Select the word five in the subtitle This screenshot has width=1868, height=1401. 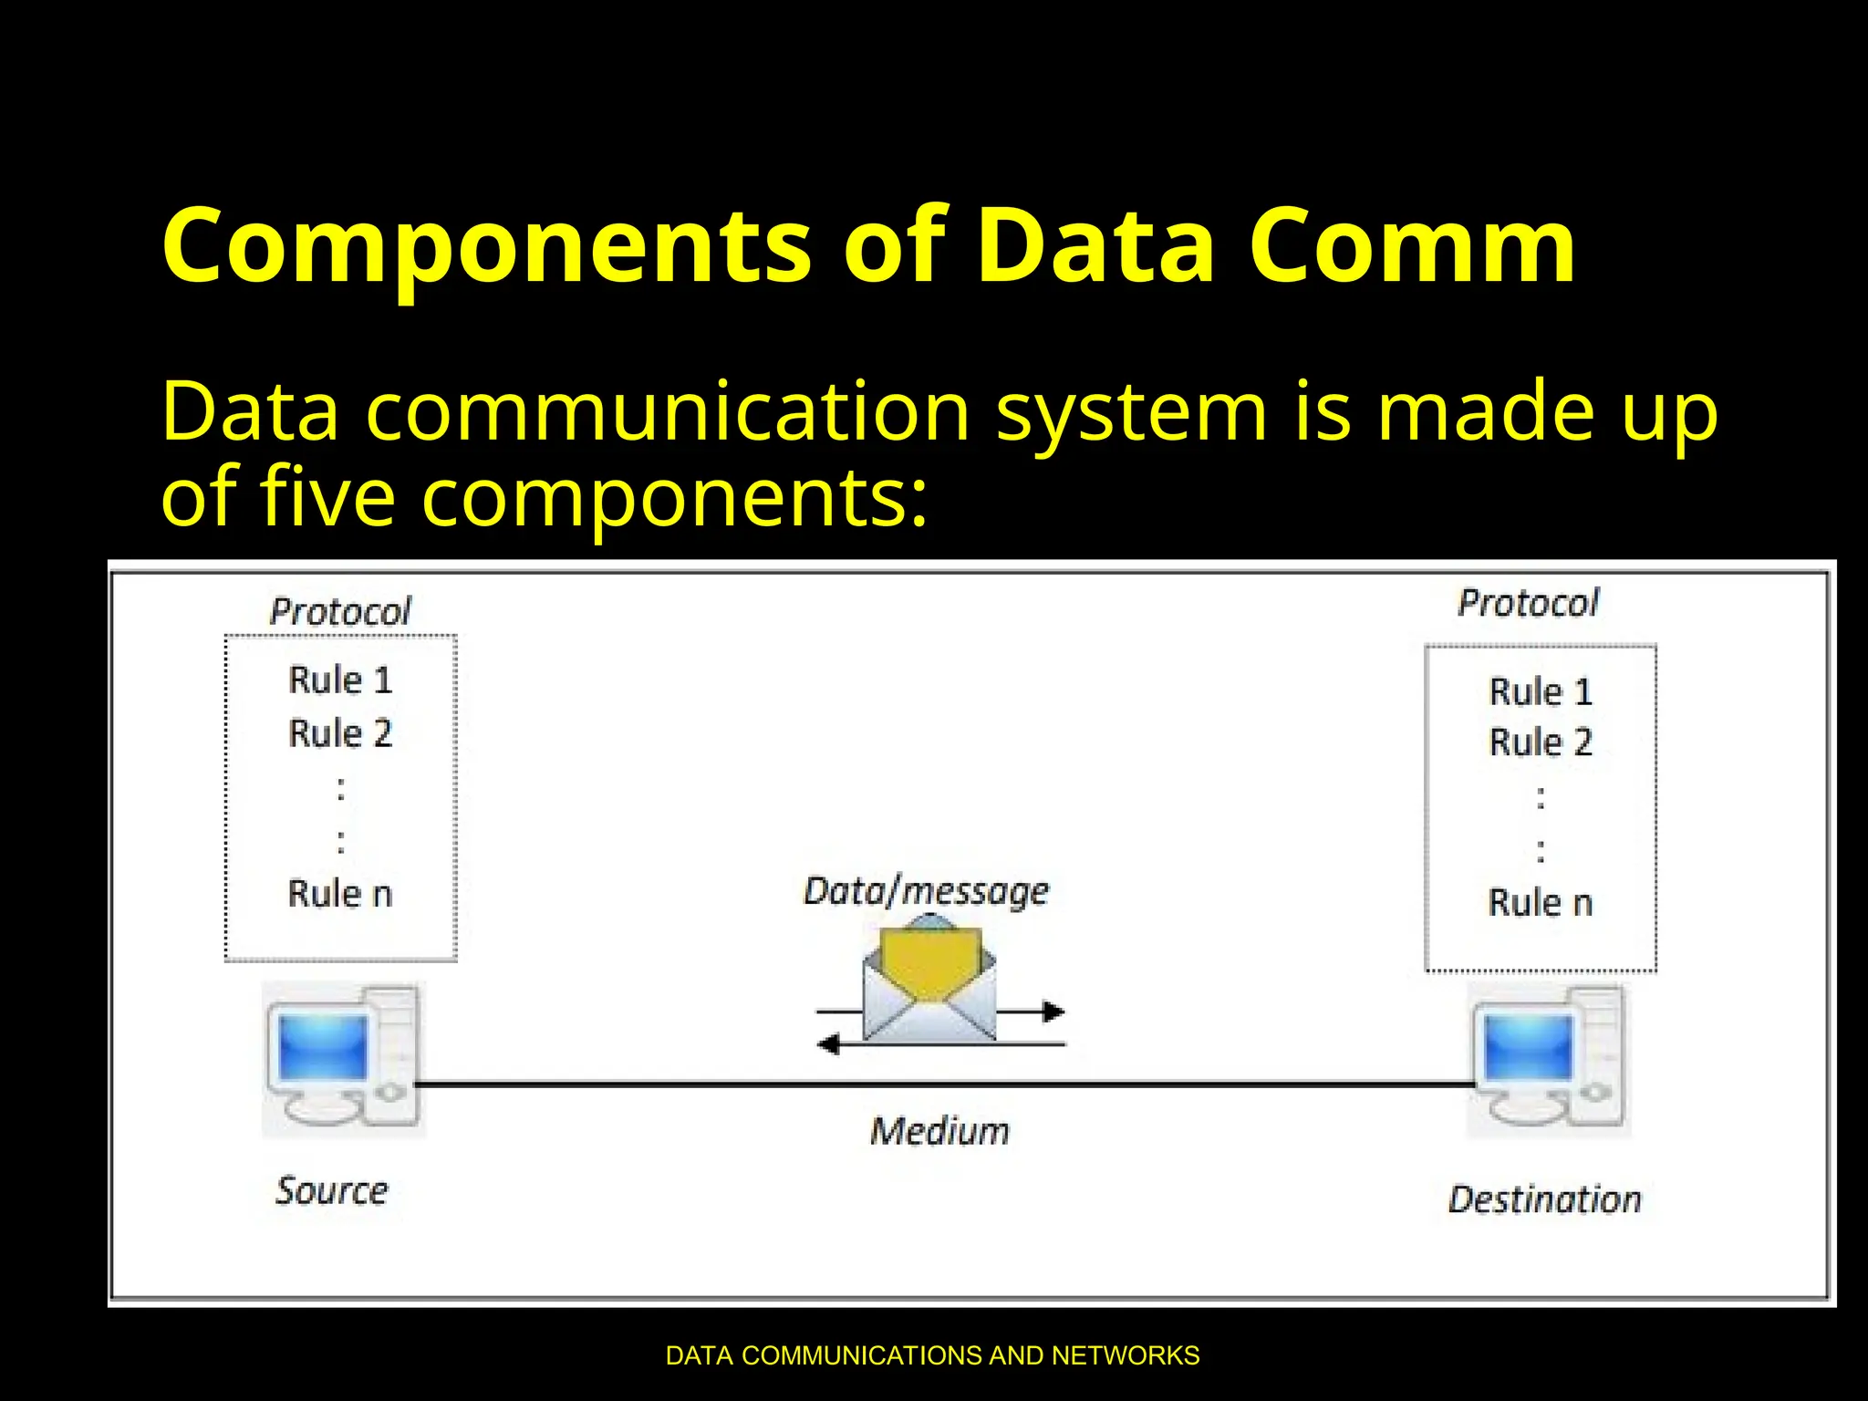tap(328, 498)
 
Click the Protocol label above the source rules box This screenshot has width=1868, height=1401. tap(340, 611)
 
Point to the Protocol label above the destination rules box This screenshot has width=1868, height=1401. tap(1529, 603)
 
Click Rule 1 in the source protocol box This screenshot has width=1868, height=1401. tap(340, 680)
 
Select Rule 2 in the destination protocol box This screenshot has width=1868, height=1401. tap(1541, 742)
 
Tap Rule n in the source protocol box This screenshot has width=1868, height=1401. tap(340, 894)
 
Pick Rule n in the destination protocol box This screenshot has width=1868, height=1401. tap(1541, 903)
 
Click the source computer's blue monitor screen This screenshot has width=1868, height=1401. tap(324, 1046)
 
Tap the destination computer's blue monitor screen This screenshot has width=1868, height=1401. tap(1529, 1046)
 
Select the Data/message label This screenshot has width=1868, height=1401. tap(926, 891)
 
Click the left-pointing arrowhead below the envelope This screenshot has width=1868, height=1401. tap(828, 1044)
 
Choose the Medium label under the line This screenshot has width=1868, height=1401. tap(939, 1132)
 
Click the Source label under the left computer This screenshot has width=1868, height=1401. tap(332, 1191)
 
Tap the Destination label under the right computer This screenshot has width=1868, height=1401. tap(1544, 1199)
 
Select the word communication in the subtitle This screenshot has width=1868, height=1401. tap(668, 412)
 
